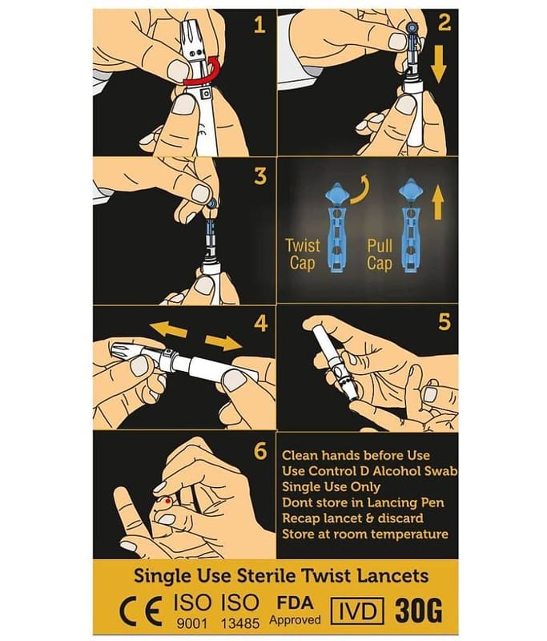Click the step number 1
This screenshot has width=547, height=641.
coord(259,25)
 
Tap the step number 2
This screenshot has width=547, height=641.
coord(444,23)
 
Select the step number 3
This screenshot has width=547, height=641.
coord(260,175)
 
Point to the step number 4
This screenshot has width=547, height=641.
coord(260,324)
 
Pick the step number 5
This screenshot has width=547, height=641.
coord(444,322)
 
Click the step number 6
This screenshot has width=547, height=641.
coord(260,451)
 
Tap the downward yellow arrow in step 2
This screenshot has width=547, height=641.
coord(438,64)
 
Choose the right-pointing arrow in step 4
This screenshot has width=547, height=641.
coord(223,342)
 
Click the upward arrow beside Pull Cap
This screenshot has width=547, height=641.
coord(438,203)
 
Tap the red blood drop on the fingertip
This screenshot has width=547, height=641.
coord(167,500)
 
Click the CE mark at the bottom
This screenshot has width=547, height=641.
coord(140,611)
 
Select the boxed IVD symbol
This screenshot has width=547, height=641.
coord(356,611)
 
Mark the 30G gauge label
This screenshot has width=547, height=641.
coord(419,611)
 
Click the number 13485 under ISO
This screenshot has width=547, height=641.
coord(240,623)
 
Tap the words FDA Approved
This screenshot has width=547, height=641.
coord(295,611)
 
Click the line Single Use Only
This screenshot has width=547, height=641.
coord(332,487)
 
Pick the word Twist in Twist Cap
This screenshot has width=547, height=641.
coord(302,246)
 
